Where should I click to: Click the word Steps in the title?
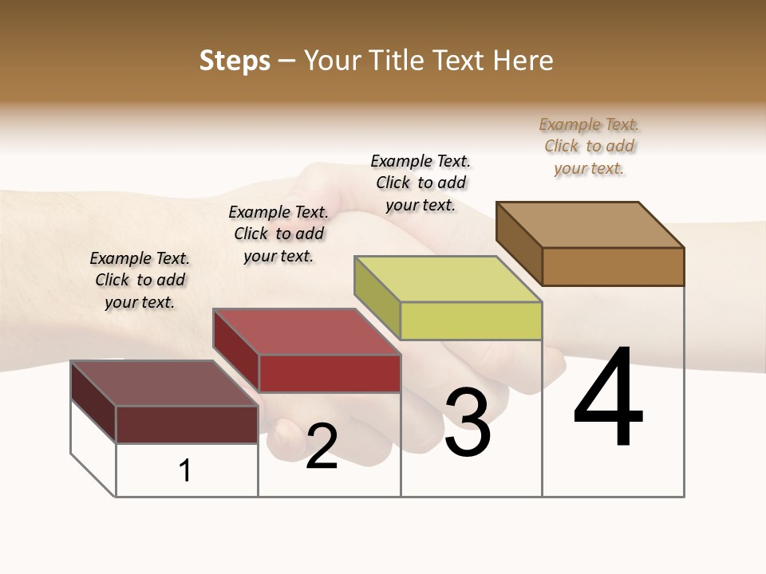coord(235,61)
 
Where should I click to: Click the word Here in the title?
coord(523,61)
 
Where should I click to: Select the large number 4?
coord(608,398)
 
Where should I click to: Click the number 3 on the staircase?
coord(467,423)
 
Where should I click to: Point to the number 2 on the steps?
coord(322,446)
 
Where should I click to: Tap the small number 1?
coord(185,470)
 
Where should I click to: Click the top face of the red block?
coord(306,332)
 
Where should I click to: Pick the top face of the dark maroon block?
coord(164,383)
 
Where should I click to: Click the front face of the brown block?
coord(613,266)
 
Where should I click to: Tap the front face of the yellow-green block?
coord(471,321)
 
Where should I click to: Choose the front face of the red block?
coord(330,373)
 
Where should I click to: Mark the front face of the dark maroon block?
coord(187,424)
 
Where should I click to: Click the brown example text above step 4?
coord(589,147)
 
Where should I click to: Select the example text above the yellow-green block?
coord(421,183)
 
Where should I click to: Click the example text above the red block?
coord(278,234)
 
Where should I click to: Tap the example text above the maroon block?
coord(140,280)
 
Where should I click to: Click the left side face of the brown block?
coord(519,243)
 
